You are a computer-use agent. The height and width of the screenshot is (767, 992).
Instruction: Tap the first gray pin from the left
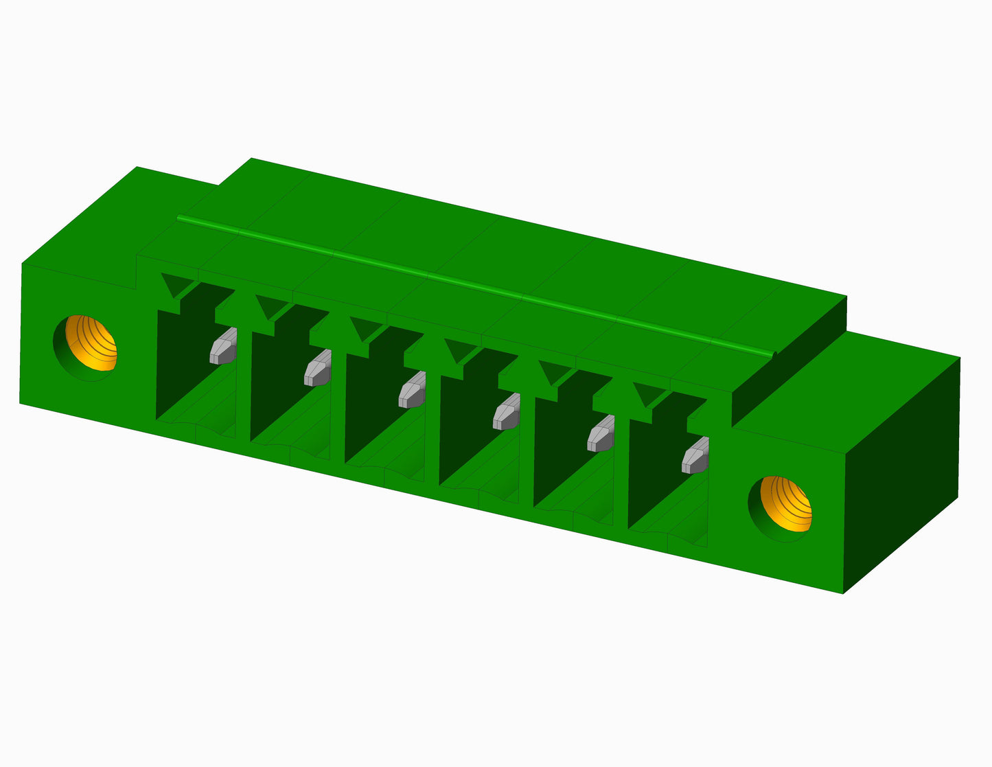(223, 346)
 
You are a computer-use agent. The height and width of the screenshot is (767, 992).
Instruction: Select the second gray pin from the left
(318, 368)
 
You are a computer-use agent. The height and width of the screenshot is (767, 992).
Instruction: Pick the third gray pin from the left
(412, 390)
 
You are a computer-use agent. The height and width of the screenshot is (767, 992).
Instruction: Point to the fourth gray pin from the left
(507, 412)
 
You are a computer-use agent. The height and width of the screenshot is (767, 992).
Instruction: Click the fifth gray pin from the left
(601, 434)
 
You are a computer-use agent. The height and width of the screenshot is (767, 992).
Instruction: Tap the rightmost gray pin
(695, 456)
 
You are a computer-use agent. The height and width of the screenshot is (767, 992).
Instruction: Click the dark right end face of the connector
(903, 474)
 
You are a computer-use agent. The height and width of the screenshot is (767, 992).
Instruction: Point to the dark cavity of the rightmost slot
(652, 474)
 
